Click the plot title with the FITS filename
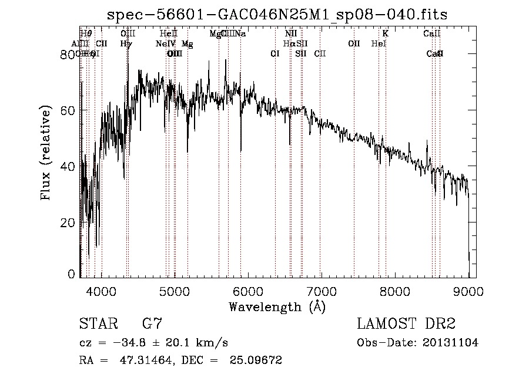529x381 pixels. point(276,15)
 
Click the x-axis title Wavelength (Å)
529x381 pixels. point(277,306)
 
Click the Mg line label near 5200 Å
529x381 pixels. point(187,44)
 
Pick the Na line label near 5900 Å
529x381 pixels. point(240,34)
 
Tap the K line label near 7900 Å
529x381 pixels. point(386,34)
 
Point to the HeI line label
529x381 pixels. point(379,44)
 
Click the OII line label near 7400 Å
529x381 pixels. point(354,44)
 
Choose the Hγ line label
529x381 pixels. point(126,44)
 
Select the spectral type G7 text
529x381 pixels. point(152,324)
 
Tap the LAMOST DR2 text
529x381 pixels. point(406,324)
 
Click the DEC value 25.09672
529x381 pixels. point(257,360)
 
